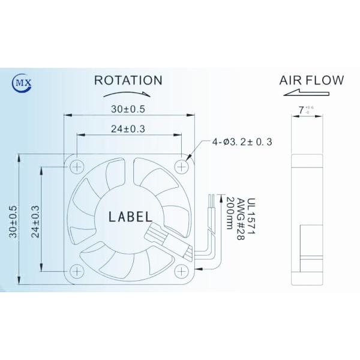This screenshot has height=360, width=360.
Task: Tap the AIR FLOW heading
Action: coord(311,79)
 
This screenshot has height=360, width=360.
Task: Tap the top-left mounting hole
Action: coord(77,164)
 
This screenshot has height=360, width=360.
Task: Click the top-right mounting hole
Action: coord(182,164)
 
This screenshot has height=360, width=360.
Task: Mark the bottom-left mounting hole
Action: coord(77,269)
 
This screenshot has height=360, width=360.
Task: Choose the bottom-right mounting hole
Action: coord(182,269)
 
